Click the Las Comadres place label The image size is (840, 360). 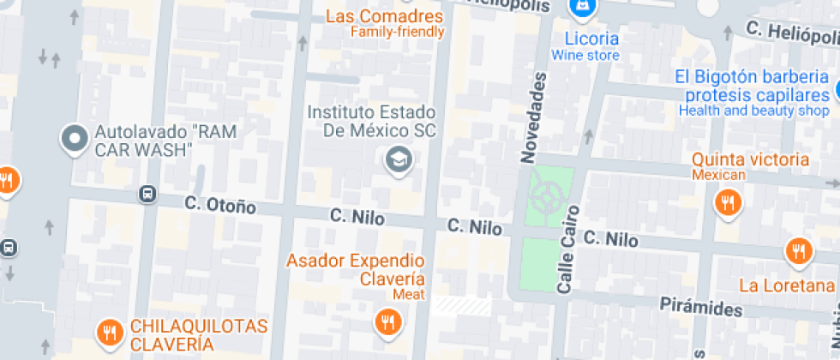tap(385, 17)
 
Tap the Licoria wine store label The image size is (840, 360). tap(591, 39)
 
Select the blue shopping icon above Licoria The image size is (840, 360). tap(584, 7)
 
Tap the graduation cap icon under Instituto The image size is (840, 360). tap(397, 159)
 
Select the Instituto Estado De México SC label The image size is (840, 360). tap(372, 122)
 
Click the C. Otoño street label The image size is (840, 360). tap(220, 205)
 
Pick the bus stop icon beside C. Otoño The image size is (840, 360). tap(148, 195)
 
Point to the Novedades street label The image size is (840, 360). tap(533, 118)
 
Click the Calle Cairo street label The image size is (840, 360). tap(567, 249)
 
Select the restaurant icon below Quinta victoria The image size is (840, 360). tap(728, 202)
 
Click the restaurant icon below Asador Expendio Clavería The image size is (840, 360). tap(387, 321)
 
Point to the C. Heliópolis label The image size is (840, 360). tap(789, 31)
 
